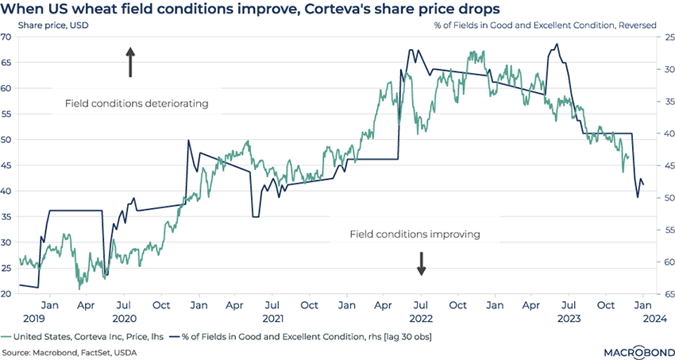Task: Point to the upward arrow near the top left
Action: pyautogui.click(x=131, y=62)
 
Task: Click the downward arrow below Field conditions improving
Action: pyautogui.click(x=422, y=263)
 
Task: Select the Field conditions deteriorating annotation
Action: pyautogui.click(x=137, y=103)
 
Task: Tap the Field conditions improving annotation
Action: pyautogui.click(x=415, y=234)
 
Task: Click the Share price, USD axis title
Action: pyautogui.click(x=49, y=25)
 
